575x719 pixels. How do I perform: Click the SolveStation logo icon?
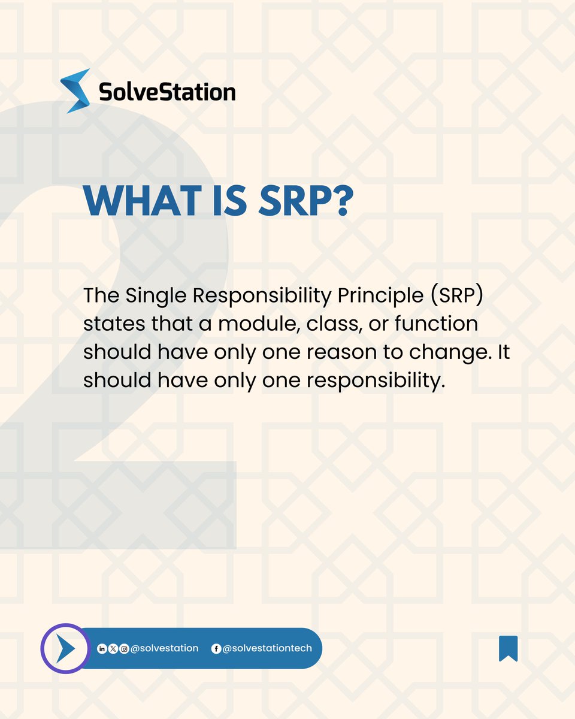75,91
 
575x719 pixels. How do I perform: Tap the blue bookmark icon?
508,648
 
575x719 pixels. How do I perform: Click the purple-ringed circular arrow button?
64,649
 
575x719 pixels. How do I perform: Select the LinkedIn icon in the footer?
101,649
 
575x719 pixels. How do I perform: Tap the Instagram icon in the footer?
124,649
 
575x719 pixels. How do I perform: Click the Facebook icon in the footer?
216,649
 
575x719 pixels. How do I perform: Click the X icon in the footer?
113,649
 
